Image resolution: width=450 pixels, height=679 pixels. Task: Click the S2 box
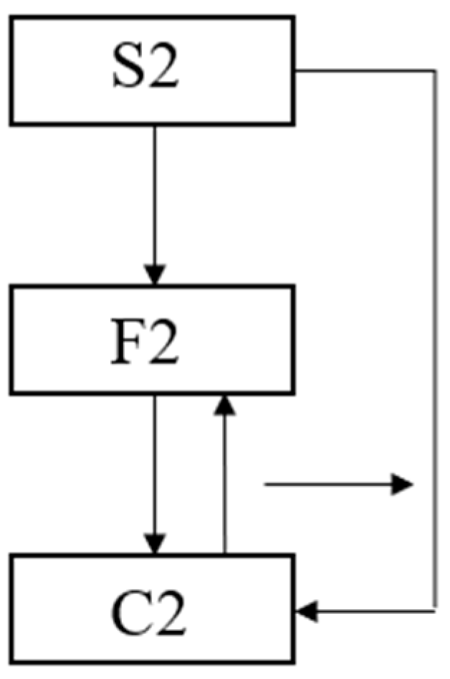pyautogui.click(x=152, y=70)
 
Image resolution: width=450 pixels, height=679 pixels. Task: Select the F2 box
pyautogui.click(x=152, y=339)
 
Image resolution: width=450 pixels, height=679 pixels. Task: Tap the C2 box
pyautogui.click(x=152, y=608)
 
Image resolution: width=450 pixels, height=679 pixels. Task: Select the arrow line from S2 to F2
pyautogui.click(x=155, y=194)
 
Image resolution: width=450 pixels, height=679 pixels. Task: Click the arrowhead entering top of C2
pyautogui.click(x=155, y=544)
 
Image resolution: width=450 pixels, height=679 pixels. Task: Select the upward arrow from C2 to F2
pyautogui.click(x=225, y=480)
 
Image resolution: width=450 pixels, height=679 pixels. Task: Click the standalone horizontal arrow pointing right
pyautogui.click(x=330, y=485)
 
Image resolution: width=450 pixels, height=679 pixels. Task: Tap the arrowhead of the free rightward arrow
pyautogui.click(x=403, y=485)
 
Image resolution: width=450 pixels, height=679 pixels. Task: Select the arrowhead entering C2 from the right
pyautogui.click(x=306, y=612)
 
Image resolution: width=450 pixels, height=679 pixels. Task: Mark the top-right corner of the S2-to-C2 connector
pyautogui.click(x=435, y=70)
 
